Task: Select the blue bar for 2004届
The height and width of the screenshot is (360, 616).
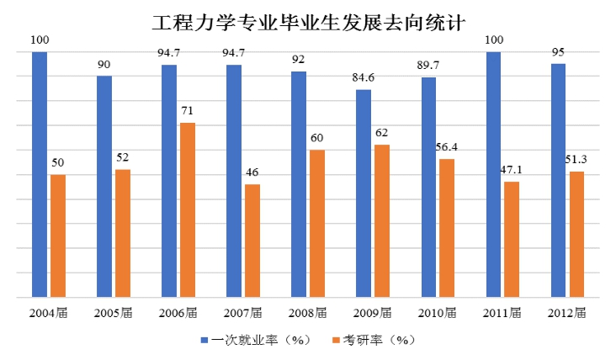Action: pyautogui.click(x=40, y=174)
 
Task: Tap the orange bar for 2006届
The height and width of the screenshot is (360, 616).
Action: pyautogui.click(x=187, y=209)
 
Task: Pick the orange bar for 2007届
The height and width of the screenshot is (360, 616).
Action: pyautogui.click(x=252, y=241)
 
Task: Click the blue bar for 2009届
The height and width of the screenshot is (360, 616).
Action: pyautogui.click(x=363, y=193)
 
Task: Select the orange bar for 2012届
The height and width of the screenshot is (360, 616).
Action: pyautogui.click(x=576, y=234)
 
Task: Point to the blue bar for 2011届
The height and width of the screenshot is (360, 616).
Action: pyautogui.click(x=493, y=174)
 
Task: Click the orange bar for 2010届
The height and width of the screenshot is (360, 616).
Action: pyautogui.click(x=446, y=228)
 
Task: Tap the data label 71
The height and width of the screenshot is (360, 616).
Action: pyautogui.click(x=188, y=110)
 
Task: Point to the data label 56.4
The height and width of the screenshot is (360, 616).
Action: pyautogui.click(x=447, y=146)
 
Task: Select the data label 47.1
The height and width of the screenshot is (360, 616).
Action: pyautogui.click(x=512, y=169)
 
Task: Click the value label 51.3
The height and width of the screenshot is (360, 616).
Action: pyautogui.click(x=576, y=159)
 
